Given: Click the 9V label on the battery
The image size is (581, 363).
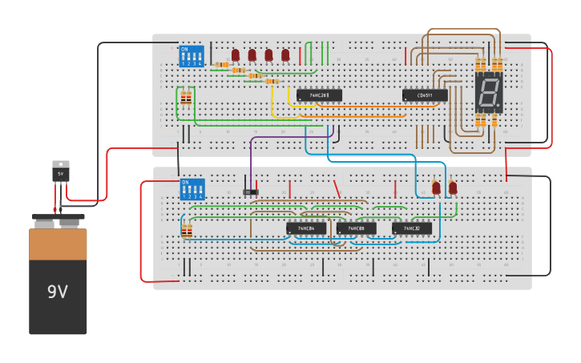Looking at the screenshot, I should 57,292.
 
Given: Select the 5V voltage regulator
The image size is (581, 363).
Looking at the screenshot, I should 60,171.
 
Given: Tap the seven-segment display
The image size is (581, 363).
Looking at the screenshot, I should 488,93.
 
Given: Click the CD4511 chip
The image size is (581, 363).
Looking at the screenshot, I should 425,95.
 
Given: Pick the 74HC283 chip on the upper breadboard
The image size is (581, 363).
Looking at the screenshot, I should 319,95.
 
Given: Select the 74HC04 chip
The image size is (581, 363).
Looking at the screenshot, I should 306,228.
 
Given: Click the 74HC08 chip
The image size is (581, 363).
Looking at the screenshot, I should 356,228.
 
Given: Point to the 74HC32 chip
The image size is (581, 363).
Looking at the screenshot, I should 411,228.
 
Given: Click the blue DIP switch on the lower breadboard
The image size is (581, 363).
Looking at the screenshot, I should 192,189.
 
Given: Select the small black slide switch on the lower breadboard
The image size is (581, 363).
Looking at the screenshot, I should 251,192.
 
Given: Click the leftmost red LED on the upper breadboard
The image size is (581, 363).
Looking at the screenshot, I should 236,54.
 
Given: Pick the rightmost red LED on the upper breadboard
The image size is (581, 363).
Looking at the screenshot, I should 285,54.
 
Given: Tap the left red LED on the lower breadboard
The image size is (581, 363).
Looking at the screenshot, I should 436,188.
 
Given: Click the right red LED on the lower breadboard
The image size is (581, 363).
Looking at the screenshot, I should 453,188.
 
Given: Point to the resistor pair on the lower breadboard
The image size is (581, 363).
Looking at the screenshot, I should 187,231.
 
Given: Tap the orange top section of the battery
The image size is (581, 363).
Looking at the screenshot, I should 58,244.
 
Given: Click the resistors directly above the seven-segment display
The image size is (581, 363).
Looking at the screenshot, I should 488,64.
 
